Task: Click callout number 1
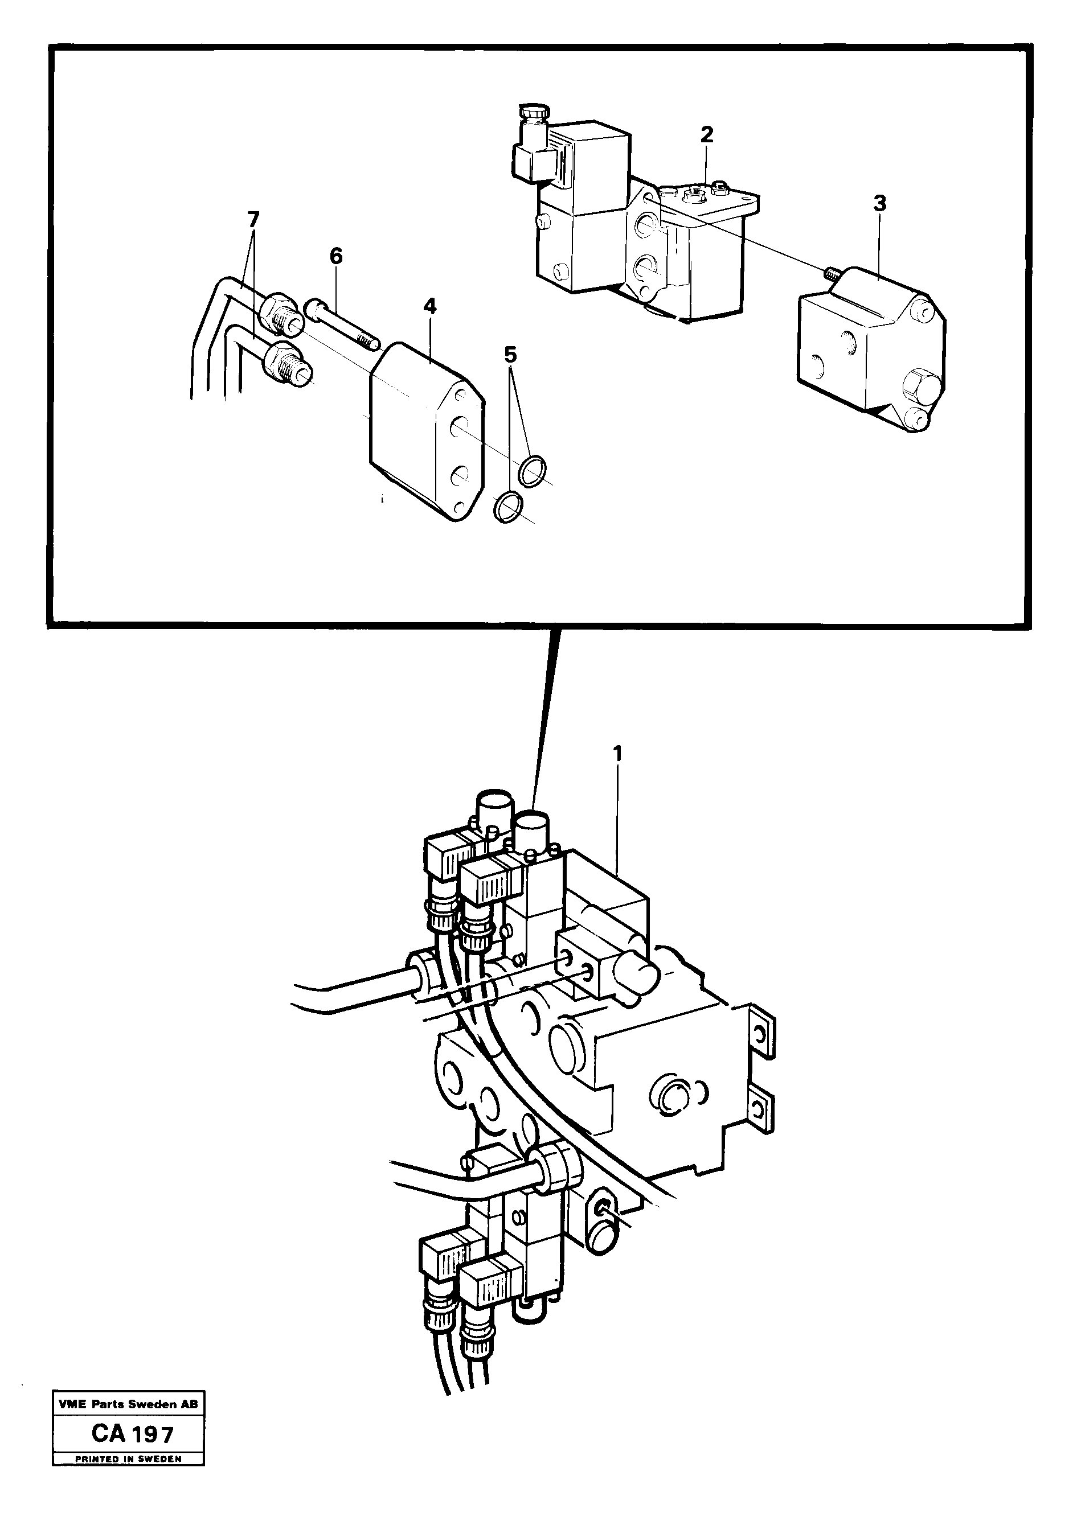[x=618, y=754]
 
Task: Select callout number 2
[x=706, y=134]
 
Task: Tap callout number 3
[x=879, y=204]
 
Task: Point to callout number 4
[x=429, y=307]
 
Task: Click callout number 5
[x=510, y=355]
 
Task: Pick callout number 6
[x=335, y=256]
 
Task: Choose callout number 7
[x=253, y=219]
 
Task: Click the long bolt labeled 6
[x=343, y=324]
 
